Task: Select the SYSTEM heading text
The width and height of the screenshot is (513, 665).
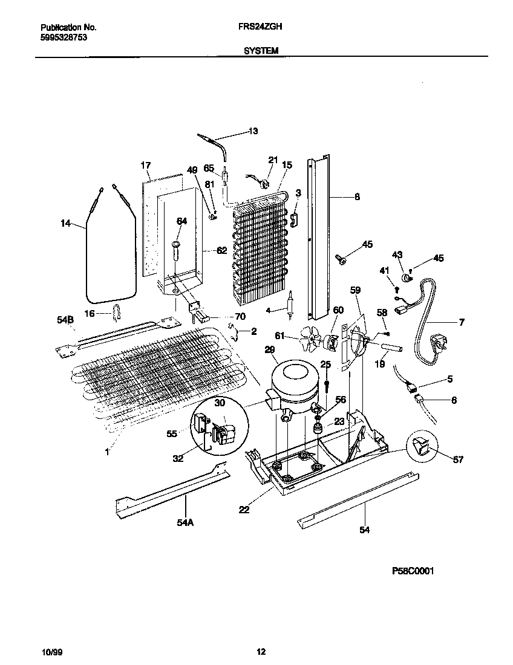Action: click(x=261, y=51)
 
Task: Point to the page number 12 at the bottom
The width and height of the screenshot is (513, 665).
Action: click(x=261, y=651)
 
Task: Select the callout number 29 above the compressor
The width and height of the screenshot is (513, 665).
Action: click(x=269, y=350)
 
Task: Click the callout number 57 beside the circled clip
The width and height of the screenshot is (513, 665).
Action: click(x=457, y=460)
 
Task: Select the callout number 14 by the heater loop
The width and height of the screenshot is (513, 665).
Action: click(x=65, y=224)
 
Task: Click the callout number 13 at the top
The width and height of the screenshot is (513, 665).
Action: click(x=253, y=131)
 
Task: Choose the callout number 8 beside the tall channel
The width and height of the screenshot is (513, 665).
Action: click(x=357, y=196)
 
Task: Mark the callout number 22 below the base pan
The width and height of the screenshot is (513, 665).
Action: click(x=244, y=510)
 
